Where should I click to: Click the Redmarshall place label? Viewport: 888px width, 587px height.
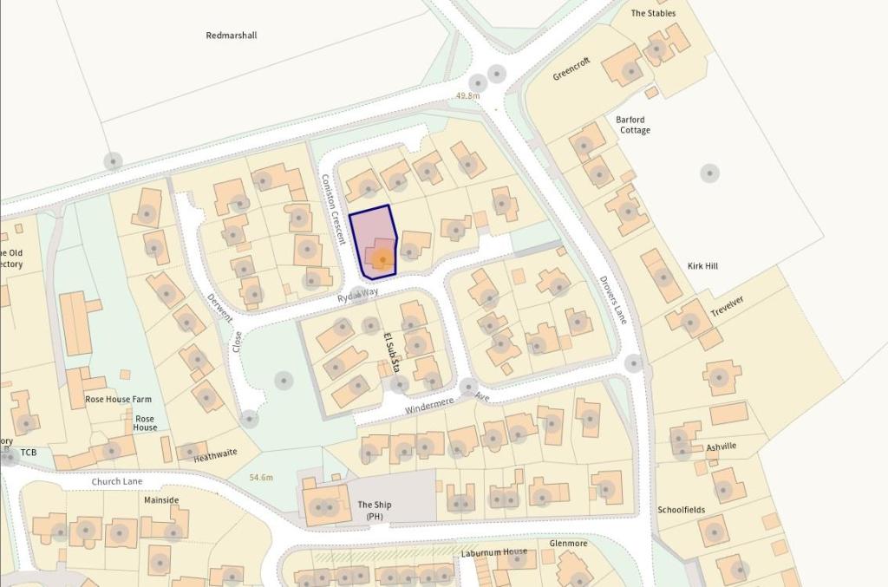(x=232, y=36)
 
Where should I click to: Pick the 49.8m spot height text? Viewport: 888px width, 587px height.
(x=467, y=95)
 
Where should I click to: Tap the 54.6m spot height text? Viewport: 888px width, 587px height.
(x=261, y=478)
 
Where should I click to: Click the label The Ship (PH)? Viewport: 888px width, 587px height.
(x=375, y=510)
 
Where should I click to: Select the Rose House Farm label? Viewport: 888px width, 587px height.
(x=118, y=400)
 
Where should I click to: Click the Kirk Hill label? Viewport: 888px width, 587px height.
(x=702, y=266)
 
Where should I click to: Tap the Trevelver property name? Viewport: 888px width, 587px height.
(x=728, y=306)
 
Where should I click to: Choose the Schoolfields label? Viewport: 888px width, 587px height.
(x=681, y=510)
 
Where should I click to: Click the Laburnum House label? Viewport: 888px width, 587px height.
(x=494, y=552)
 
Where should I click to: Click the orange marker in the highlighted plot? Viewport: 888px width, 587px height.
(x=382, y=258)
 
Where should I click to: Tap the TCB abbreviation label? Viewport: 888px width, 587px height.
(x=29, y=453)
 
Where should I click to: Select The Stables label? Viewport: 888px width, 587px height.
(x=653, y=13)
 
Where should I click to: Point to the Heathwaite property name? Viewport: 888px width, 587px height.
(x=213, y=457)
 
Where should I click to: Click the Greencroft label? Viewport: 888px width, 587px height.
(x=571, y=68)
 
